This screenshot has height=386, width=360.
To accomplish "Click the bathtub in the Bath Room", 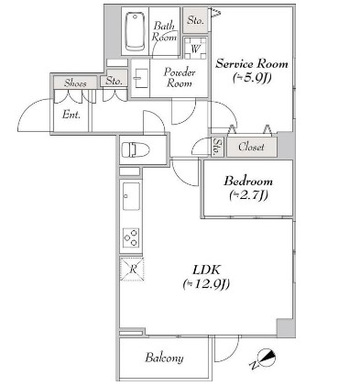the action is [x=136, y=31].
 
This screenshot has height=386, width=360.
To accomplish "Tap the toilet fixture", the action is [x=136, y=150].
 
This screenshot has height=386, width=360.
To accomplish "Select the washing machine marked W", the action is [x=195, y=48].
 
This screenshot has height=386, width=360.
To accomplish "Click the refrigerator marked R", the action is [x=132, y=270].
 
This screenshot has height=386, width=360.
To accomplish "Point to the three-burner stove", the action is [x=132, y=237].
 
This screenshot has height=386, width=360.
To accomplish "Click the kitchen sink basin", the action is [x=131, y=196].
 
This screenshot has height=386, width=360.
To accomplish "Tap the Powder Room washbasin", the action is [x=141, y=78].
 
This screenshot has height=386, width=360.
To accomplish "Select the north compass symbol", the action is [x=265, y=358].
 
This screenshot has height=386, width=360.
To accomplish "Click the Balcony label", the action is [x=164, y=358].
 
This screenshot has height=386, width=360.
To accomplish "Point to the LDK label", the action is [x=206, y=270].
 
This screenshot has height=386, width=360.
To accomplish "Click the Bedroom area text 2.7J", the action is [x=248, y=195].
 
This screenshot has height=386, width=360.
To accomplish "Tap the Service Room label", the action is [x=252, y=63].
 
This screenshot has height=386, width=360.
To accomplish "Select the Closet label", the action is [x=251, y=147].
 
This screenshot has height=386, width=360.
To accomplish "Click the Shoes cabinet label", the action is [x=75, y=83].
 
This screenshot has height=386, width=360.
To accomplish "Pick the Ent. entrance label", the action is [x=71, y=115].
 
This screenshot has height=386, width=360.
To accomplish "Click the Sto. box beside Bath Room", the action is [x=195, y=20].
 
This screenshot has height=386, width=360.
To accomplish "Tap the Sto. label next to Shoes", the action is [x=114, y=81].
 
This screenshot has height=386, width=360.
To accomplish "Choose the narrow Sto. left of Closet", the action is [x=218, y=147].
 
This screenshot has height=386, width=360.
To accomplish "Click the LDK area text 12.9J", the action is [x=206, y=284].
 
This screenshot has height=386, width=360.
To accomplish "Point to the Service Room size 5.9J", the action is [x=252, y=78].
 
